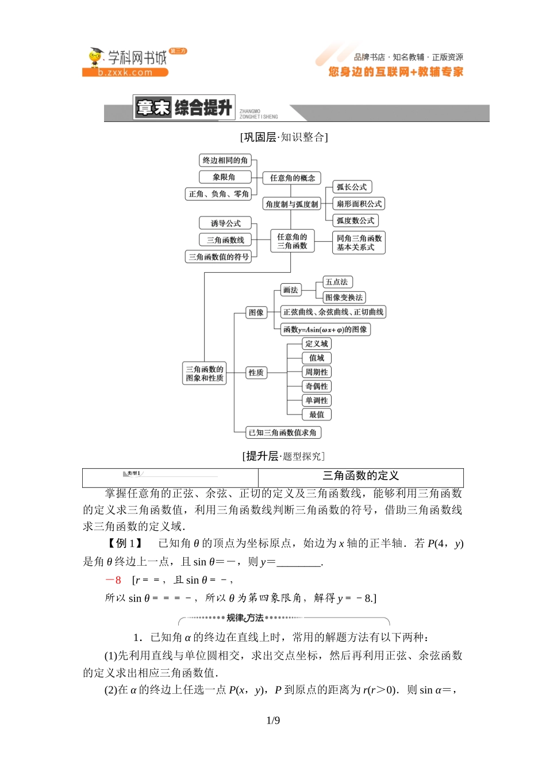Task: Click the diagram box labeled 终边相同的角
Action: [x=225, y=160]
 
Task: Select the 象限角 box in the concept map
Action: [x=224, y=177]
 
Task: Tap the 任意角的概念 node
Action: [x=292, y=178]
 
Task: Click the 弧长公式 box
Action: [x=352, y=187]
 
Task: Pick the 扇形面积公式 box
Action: [x=359, y=203]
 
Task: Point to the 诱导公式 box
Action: [x=225, y=223]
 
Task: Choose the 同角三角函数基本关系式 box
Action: [x=359, y=242]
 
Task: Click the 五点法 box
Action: [x=337, y=282]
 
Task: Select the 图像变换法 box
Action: [x=344, y=298]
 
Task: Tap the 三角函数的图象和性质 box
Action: [x=205, y=373]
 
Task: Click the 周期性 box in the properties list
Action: [x=317, y=372]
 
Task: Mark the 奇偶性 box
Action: [x=317, y=387]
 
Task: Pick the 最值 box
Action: [x=317, y=415]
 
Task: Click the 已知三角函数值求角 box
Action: [x=282, y=433]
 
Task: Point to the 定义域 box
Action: [x=317, y=343]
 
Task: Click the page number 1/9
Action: [x=273, y=721]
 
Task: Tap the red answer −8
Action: [x=113, y=580]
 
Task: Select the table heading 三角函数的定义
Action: [x=360, y=476]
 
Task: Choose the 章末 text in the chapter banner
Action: [x=153, y=107]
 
